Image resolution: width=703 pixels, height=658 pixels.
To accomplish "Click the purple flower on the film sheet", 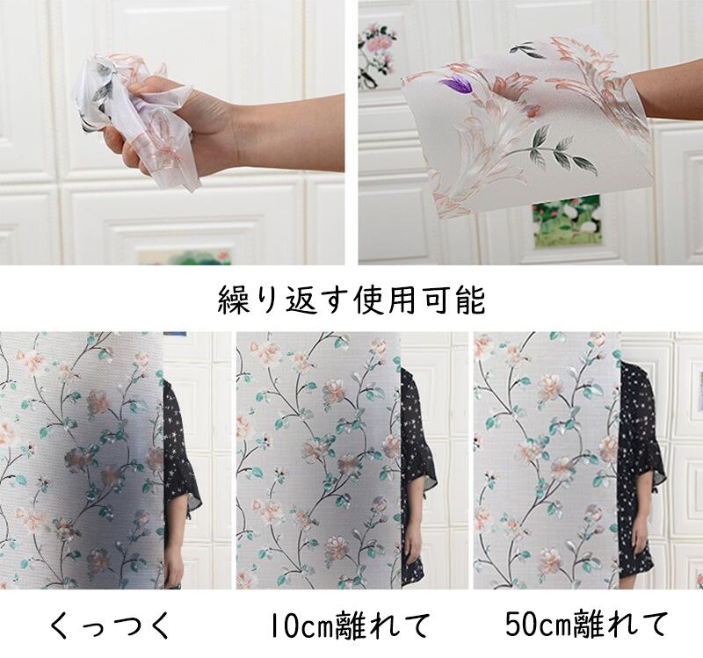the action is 455,83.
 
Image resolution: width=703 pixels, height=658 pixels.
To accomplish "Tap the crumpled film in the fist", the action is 130,117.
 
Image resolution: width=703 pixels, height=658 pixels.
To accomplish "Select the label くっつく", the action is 111,625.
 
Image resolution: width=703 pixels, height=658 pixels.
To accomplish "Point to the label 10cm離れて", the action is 350,625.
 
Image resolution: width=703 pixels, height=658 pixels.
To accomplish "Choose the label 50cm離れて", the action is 586,624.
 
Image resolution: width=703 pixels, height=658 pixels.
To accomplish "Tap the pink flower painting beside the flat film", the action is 376,56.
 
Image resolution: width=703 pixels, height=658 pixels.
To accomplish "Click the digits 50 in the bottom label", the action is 522,624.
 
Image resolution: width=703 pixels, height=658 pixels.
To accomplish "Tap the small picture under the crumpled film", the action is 185,257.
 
